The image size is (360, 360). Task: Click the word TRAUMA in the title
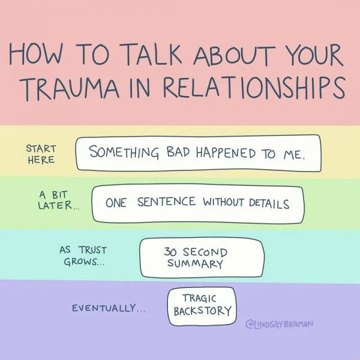[70, 88]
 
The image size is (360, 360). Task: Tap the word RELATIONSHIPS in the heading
[254, 88]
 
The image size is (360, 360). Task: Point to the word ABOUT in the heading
[235, 55]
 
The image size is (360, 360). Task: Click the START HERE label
[41, 154]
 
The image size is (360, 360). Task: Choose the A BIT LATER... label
[59, 200]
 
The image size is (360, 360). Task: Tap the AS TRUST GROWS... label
[83, 256]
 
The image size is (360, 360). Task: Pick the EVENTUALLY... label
[109, 308]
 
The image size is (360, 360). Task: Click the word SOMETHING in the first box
[124, 152]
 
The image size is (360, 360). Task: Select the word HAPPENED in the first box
[226, 153]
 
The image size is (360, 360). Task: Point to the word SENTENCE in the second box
[167, 202]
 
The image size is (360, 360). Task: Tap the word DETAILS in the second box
[269, 203]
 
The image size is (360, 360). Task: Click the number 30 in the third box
[170, 251]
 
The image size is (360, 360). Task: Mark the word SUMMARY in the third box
[195, 263]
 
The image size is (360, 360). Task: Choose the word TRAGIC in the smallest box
[199, 298]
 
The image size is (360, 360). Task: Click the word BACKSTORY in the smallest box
[203, 311]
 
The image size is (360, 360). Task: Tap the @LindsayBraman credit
[280, 324]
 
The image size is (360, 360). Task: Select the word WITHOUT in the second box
[223, 202]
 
